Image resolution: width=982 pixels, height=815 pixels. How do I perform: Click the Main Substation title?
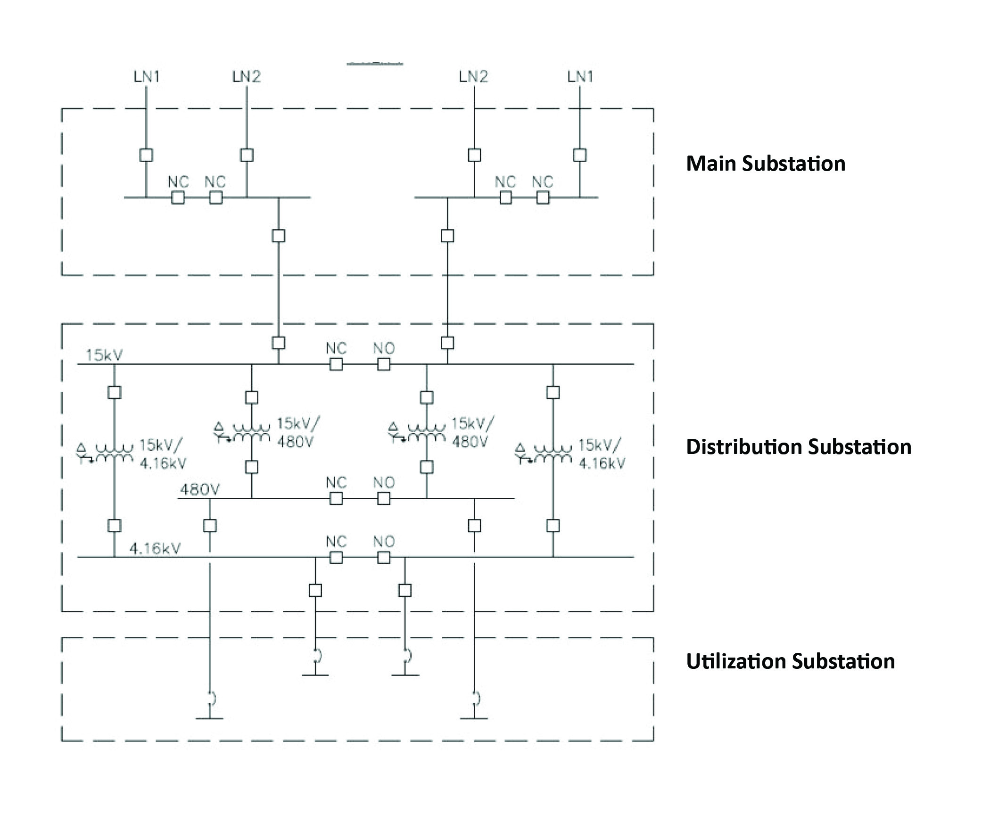(x=766, y=164)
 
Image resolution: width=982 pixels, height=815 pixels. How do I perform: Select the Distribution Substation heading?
(x=799, y=447)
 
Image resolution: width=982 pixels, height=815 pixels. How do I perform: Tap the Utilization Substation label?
(x=791, y=661)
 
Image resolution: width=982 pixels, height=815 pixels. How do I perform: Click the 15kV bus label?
(x=104, y=355)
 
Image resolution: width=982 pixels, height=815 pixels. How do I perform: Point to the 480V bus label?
(x=200, y=490)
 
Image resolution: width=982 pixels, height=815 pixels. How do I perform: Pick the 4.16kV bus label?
(x=155, y=548)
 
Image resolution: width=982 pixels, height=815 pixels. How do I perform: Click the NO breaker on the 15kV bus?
(x=384, y=364)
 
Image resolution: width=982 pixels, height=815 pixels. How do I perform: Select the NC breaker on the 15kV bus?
(x=336, y=364)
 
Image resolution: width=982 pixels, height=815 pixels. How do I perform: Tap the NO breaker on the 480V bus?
(x=384, y=498)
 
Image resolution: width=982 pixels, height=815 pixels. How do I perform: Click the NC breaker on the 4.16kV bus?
(x=336, y=558)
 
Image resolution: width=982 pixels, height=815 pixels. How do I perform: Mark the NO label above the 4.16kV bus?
(x=384, y=542)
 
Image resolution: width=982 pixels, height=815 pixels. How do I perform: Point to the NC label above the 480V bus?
(x=336, y=483)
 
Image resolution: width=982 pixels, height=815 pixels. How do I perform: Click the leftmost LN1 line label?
(x=147, y=76)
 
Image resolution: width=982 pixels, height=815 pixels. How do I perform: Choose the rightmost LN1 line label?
(x=580, y=76)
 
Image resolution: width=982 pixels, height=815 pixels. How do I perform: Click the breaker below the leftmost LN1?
(x=146, y=155)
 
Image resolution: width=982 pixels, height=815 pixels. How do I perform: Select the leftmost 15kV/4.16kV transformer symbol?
(x=105, y=453)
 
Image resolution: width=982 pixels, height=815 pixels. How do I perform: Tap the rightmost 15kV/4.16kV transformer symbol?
(x=544, y=453)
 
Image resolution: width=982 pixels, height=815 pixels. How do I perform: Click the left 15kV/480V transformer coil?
(x=252, y=432)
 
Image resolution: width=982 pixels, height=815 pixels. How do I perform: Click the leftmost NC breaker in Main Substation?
(x=178, y=198)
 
